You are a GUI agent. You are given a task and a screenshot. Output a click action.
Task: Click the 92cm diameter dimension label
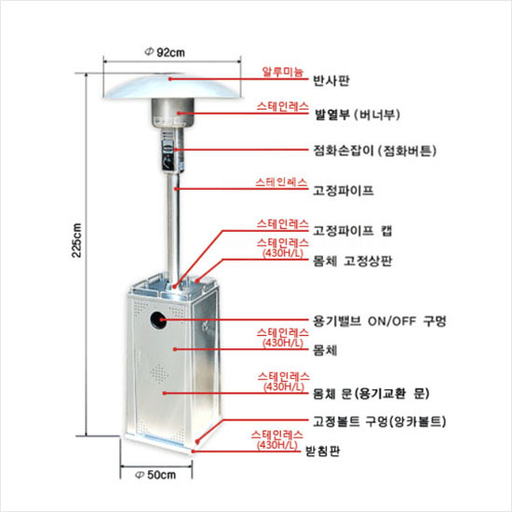(165, 52)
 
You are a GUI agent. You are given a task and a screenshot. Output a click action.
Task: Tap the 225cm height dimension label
(76, 240)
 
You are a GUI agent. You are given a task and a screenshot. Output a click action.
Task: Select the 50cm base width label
(155, 475)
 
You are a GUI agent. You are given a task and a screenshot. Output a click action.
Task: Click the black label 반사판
(331, 80)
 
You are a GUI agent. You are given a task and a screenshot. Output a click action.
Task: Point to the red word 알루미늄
(283, 72)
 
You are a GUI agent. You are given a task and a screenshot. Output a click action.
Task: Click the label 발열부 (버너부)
(357, 115)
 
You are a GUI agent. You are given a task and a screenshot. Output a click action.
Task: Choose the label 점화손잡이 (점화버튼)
(375, 151)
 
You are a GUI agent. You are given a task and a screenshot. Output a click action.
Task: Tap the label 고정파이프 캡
(353, 231)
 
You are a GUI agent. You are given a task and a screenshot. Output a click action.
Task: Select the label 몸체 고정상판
(353, 262)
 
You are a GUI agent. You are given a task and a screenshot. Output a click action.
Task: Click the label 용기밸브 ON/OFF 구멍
(380, 321)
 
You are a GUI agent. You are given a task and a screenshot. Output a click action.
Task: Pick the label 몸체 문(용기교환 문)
(371, 394)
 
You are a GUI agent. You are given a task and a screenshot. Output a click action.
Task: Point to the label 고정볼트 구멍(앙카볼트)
(380, 421)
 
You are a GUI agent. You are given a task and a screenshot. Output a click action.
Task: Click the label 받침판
(323, 451)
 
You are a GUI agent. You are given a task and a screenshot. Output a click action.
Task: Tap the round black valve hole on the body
(158, 320)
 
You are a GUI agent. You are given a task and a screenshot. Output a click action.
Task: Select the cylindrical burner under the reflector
(173, 114)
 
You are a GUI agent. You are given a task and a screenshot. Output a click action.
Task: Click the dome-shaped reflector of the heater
(173, 87)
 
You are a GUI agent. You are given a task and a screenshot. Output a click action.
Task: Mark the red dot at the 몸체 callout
(175, 349)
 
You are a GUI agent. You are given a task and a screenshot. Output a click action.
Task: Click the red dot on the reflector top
(170, 79)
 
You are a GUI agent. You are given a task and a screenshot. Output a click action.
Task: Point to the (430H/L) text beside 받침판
(277, 445)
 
